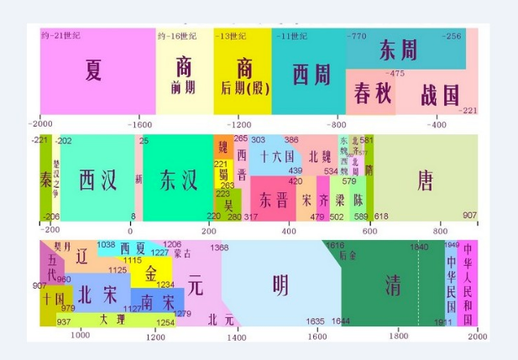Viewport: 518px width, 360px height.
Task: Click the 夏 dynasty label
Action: (x=93, y=70)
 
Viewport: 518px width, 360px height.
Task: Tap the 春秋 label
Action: (x=373, y=92)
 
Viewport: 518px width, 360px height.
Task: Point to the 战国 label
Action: (x=440, y=93)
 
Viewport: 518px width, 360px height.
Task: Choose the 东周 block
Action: (x=398, y=50)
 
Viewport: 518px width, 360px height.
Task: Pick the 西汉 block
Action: (x=97, y=180)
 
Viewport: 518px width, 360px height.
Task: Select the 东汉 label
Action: (x=178, y=180)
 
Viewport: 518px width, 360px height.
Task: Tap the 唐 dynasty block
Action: (x=426, y=180)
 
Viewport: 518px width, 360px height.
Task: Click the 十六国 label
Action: (x=277, y=157)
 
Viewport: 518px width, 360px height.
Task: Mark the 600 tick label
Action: (x=370, y=229)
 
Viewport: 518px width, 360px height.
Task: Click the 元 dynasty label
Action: (x=196, y=285)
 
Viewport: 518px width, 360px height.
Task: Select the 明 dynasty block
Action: (x=281, y=285)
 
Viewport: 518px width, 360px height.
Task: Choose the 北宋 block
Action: (x=98, y=295)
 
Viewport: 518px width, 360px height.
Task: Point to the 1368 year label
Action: (x=219, y=248)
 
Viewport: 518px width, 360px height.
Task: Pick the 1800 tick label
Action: (x=398, y=337)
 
